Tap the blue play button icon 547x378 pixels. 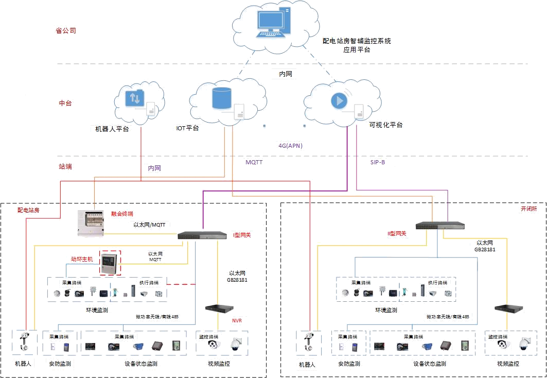(339, 100)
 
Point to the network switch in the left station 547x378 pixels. (203, 236)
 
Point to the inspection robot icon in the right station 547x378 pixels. (309, 342)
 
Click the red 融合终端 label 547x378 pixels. (122, 213)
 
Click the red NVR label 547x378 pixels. (237, 321)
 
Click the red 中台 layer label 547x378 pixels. (65, 103)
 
